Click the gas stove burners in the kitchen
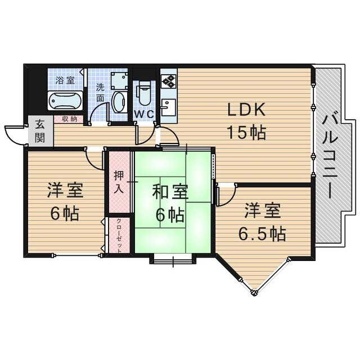(x=168, y=80)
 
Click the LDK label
(x=246, y=110)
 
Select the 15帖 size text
(x=246, y=133)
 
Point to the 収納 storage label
(x=70, y=119)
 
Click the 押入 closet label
(x=118, y=181)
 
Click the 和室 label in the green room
(x=170, y=192)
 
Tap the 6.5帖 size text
(x=263, y=232)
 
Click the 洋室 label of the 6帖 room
(x=65, y=191)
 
